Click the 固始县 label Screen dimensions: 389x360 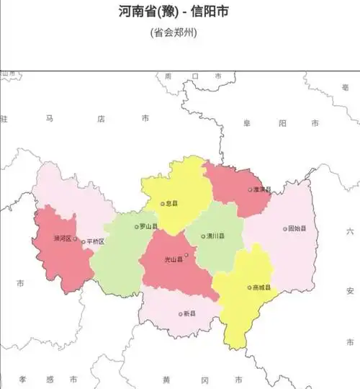click(x=297, y=228)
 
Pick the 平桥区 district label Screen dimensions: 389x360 click(x=96, y=242)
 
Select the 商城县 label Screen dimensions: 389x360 click(x=263, y=287)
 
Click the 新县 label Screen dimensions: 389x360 click(x=189, y=313)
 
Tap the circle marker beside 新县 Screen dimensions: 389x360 click(x=180, y=313)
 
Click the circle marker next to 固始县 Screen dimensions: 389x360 click(x=285, y=228)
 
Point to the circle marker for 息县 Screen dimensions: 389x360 click(x=163, y=204)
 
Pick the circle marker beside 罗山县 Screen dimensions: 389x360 click(x=137, y=226)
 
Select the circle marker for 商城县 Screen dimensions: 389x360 click(x=251, y=287)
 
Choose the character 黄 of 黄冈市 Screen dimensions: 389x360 click(x=166, y=379)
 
